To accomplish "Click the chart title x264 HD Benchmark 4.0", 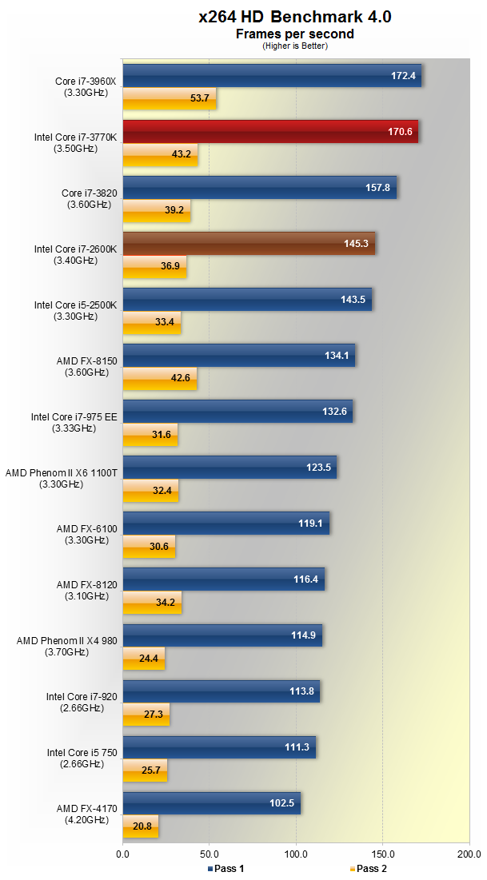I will [295, 17].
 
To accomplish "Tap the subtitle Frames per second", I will [294, 34].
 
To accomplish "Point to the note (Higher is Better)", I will [294, 46].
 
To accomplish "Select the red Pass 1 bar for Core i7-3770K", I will [270, 131].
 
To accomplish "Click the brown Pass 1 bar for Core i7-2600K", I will [249, 243].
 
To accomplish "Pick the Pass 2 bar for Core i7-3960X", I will [169, 98].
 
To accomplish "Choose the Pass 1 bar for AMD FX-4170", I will [211, 803].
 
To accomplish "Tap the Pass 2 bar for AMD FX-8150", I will [159, 378].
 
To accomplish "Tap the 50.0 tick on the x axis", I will [209, 854].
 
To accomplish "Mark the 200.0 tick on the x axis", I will [469, 854].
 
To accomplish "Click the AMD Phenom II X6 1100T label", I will [62, 478].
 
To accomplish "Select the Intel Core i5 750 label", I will [82, 758].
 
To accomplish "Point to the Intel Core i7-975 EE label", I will [74, 422].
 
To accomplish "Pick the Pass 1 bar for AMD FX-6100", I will [226, 524].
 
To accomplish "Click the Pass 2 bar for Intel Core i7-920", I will [146, 714].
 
